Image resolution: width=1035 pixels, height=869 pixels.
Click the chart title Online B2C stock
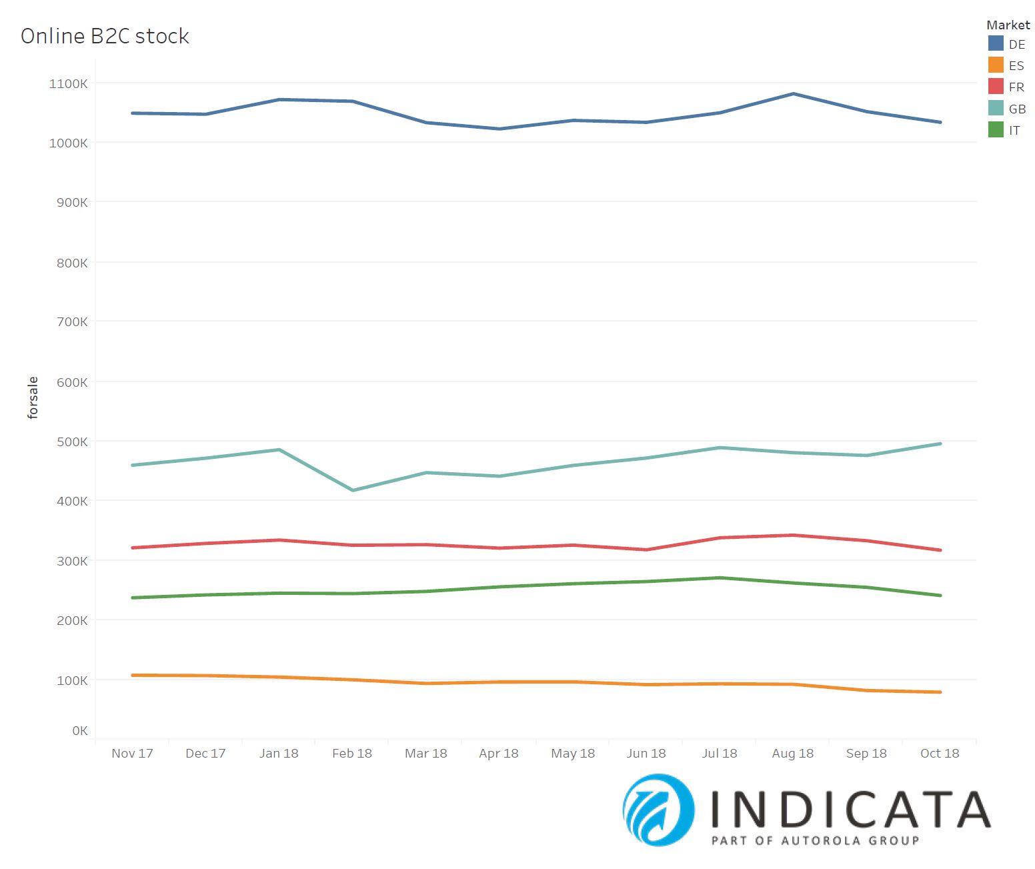[105, 36]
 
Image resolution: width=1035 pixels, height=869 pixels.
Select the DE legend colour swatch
[996, 44]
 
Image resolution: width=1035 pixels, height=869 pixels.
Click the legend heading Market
[1008, 25]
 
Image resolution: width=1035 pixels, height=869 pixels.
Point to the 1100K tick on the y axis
[68, 84]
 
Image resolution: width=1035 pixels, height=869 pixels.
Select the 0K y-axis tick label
[79, 731]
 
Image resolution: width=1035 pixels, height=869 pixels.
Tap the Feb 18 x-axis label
[352, 754]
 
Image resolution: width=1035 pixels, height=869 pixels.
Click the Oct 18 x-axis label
[940, 754]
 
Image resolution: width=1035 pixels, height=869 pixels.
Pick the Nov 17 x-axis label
[132, 754]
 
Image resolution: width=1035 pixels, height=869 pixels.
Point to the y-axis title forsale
[33, 398]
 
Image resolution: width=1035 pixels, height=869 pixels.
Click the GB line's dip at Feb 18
[353, 490]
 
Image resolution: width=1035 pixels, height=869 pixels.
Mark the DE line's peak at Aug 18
[793, 94]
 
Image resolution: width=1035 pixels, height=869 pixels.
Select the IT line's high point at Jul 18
[720, 578]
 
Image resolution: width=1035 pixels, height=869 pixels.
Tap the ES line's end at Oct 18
[940, 692]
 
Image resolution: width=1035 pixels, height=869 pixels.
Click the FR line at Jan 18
[279, 540]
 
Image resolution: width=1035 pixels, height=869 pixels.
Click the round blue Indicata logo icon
[658, 810]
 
